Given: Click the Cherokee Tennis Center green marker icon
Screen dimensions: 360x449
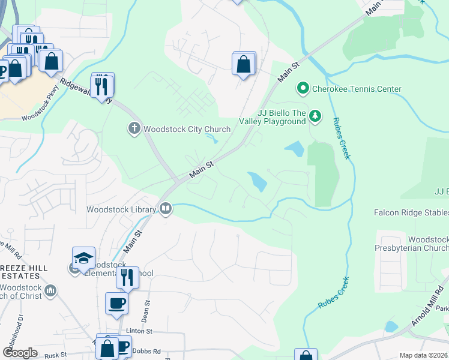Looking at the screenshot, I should click(303, 89).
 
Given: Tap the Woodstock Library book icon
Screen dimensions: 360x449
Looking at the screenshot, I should click(166, 209).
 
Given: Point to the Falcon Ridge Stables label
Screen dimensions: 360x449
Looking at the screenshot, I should click(411, 213).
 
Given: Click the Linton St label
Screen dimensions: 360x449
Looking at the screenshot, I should click(139, 331).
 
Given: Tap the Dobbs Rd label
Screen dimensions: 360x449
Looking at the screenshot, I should click(148, 351).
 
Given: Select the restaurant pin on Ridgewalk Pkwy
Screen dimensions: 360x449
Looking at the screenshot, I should click(102, 86).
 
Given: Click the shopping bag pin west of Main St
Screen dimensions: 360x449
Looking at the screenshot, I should click(243, 64).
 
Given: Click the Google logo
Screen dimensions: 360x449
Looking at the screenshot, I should click(20, 353).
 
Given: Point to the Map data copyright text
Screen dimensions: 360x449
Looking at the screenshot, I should click(424, 355).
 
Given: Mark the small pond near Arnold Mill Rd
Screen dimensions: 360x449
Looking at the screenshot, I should click(391, 327).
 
